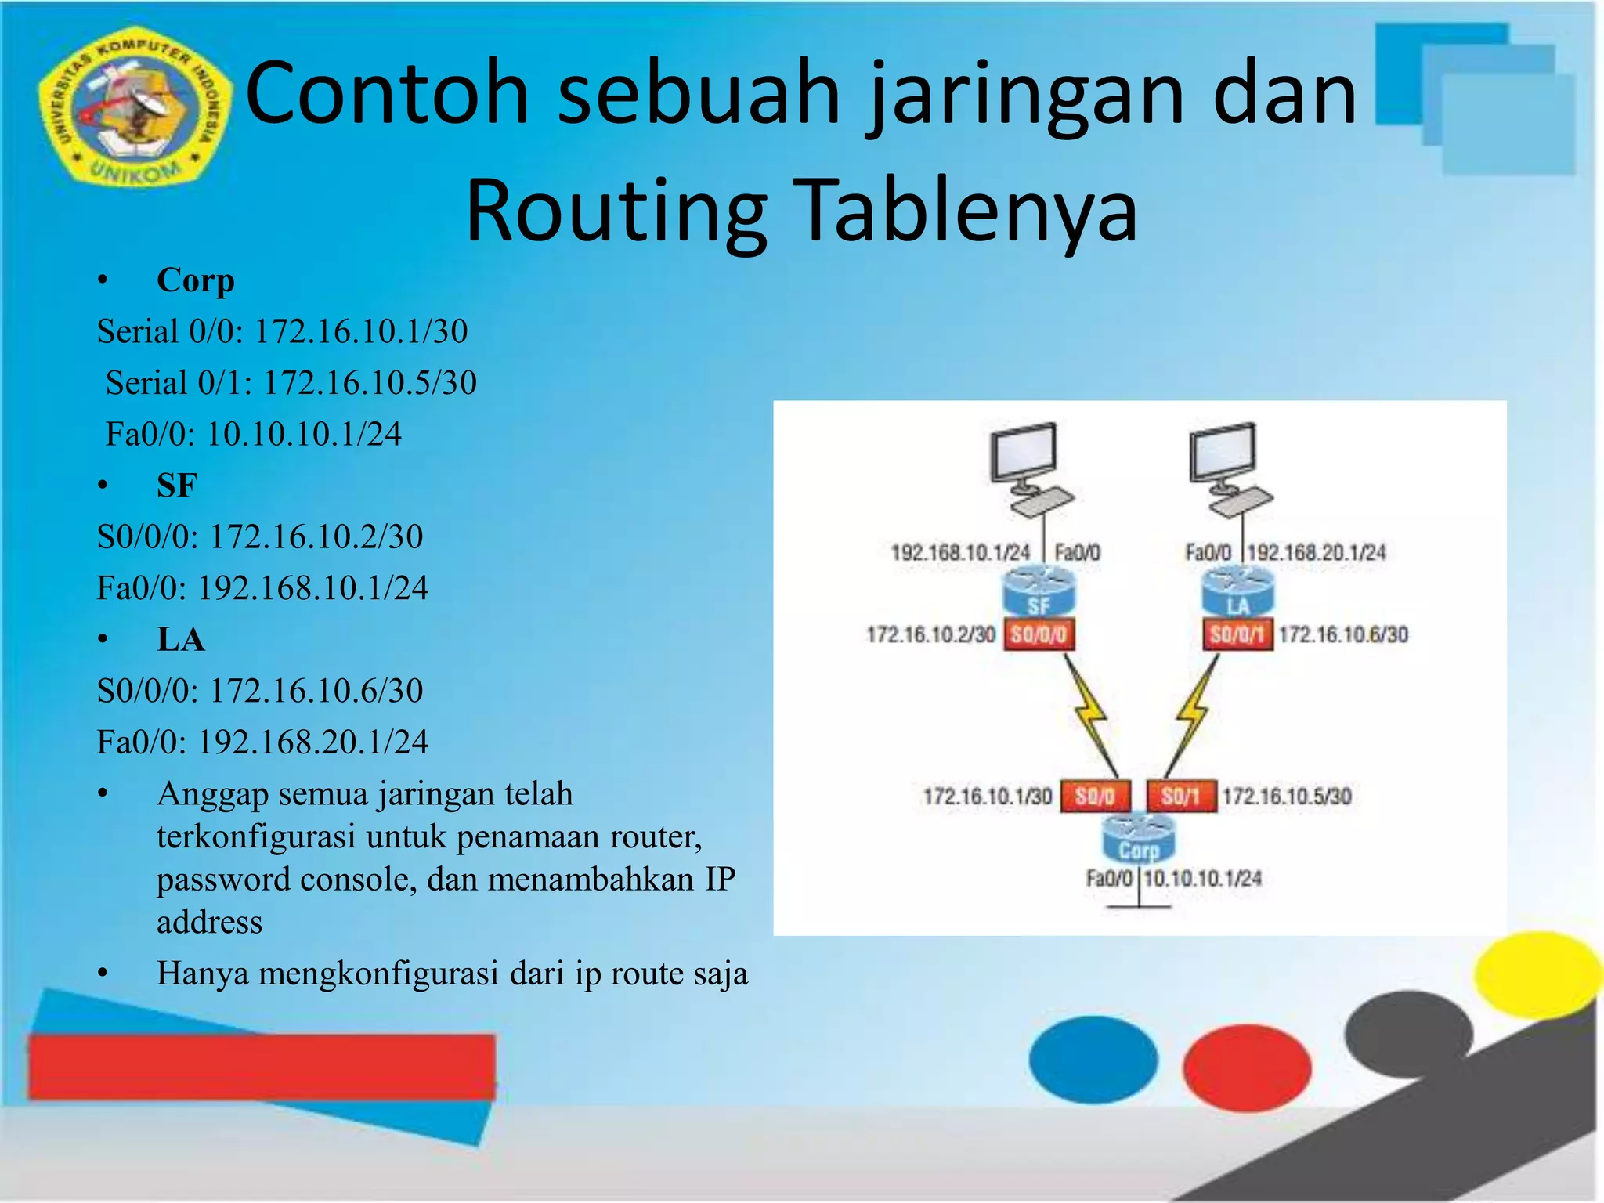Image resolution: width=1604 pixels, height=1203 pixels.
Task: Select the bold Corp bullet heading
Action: [x=195, y=280]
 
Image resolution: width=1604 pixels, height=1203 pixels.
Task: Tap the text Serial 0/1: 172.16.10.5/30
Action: [x=291, y=383]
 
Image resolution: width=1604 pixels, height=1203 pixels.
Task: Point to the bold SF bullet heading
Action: [x=177, y=486]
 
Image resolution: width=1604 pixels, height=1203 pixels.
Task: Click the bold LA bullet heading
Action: [x=181, y=640]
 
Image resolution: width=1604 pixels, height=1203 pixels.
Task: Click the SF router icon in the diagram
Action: [x=1039, y=592]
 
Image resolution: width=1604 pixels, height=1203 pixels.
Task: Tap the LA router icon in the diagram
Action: [x=1237, y=592]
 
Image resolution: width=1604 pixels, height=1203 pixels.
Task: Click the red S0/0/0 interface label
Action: [x=1039, y=634]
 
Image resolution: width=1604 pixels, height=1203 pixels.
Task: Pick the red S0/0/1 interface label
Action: [x=1237, y=634]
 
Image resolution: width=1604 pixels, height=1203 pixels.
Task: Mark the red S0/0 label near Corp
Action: [x=1095, y=797]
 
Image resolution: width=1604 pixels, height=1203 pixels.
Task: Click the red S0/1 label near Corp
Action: [x=1181, y=797]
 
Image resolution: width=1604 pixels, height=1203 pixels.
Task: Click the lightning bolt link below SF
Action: [x=1090, y=713]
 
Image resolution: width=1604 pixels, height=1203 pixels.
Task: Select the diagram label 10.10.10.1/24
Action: [x=1202, y=879]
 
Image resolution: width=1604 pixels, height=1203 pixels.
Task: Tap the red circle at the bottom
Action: [x=1247, y=1067]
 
